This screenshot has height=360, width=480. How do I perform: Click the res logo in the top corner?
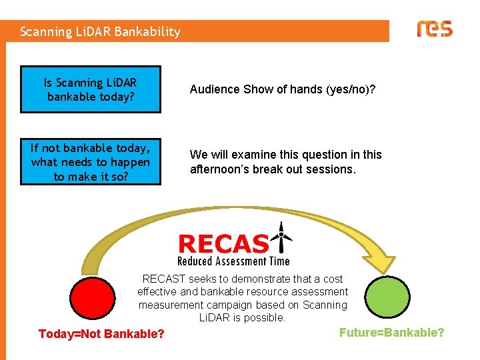click(434, 29)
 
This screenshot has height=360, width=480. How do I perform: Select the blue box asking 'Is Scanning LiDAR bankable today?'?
click(91, 89)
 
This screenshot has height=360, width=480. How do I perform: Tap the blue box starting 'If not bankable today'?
click(91, 161)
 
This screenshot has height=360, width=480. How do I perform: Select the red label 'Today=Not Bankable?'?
click(101, 333)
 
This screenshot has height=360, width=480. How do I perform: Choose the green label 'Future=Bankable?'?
click(391, 332)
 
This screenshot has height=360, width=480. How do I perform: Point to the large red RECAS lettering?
click(224, 243)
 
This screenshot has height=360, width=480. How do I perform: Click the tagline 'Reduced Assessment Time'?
click(233, 261)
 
